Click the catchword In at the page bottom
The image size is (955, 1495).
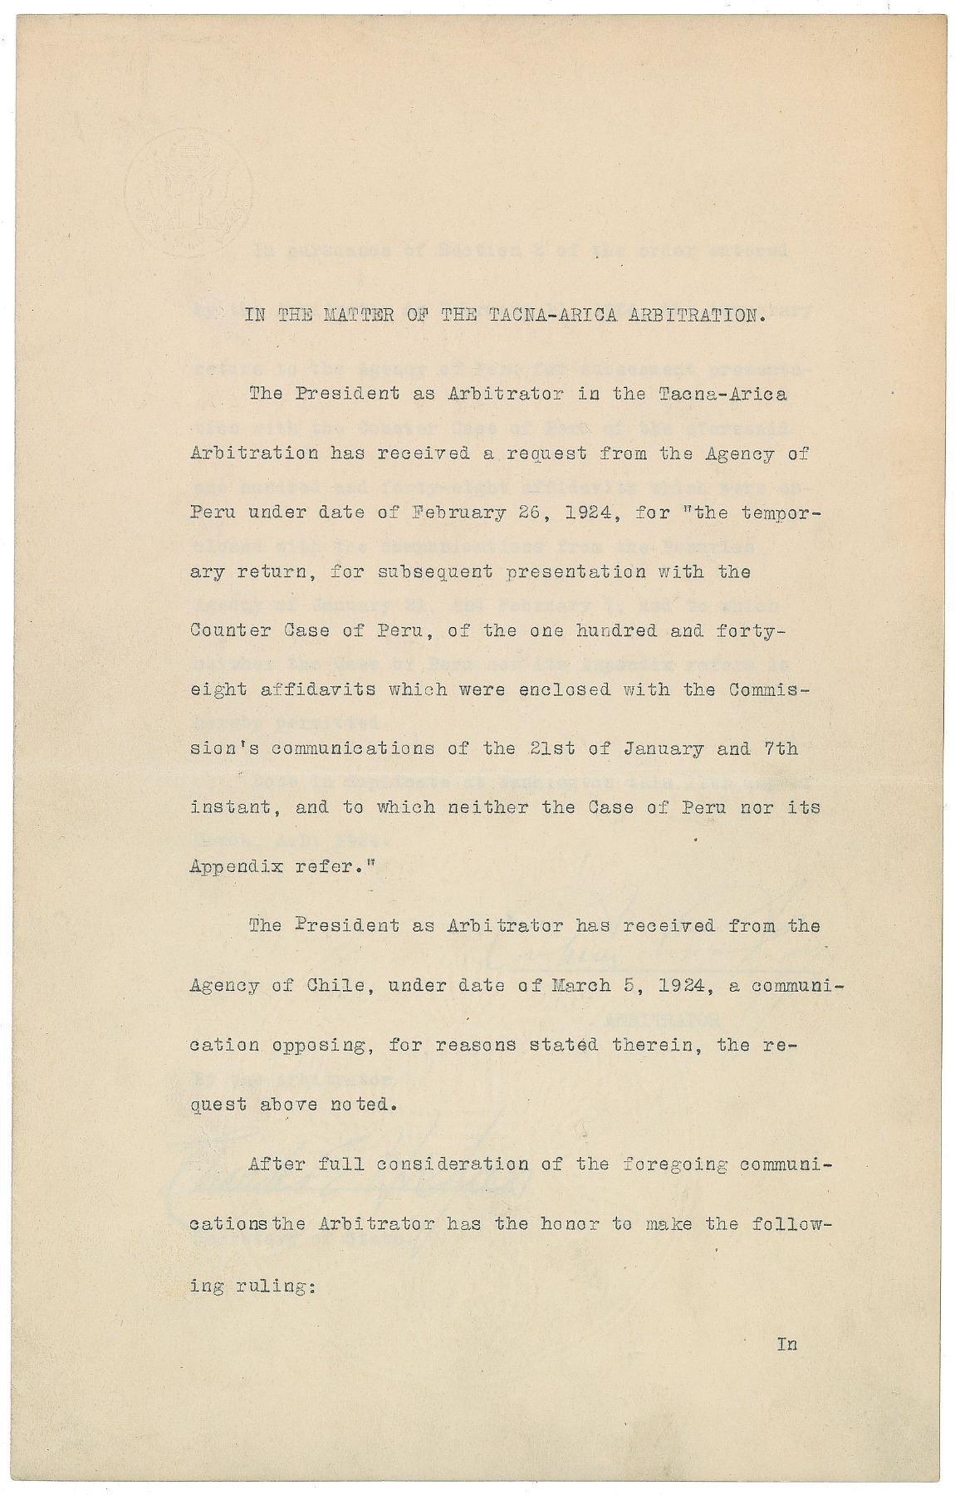point(786,1343)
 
